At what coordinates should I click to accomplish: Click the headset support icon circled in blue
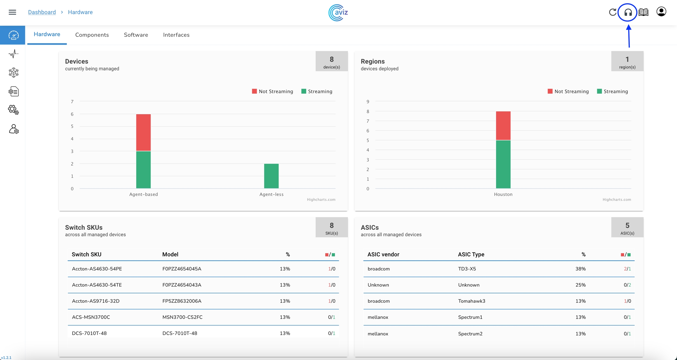(x=628, y=12)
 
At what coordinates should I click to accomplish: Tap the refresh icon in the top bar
(x=613, y=12)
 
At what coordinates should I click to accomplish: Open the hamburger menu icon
(x=12, y=12)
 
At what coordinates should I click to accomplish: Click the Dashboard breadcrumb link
(x=42, y=12)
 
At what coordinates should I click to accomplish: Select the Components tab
(x=92, y=35)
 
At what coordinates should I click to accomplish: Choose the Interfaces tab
(x=176, y=35)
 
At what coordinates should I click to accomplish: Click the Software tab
(x=136, y=35)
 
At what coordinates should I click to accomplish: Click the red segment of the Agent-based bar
(x=143, y=132)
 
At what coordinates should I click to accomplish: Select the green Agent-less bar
(x=271, y=176)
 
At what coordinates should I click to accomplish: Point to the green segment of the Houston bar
(x=503, y=164)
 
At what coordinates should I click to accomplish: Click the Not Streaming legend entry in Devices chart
(x=273, y=92)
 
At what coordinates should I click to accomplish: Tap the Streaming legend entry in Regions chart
(x=613, y=92)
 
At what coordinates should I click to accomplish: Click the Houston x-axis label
(x=503, y=194)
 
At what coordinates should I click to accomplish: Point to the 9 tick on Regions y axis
(x=368, y=102)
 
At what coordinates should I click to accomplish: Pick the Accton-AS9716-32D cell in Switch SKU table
(x=96, y=301)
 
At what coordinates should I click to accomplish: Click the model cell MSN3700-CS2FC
(x=182, y=317)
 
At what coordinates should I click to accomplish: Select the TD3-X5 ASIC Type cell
(x=467, y=269)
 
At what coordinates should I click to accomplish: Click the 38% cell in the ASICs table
(x=580, y=269)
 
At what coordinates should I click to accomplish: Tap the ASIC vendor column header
(x=383, y=255)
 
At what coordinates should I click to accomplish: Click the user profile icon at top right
(x=661, y=12)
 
